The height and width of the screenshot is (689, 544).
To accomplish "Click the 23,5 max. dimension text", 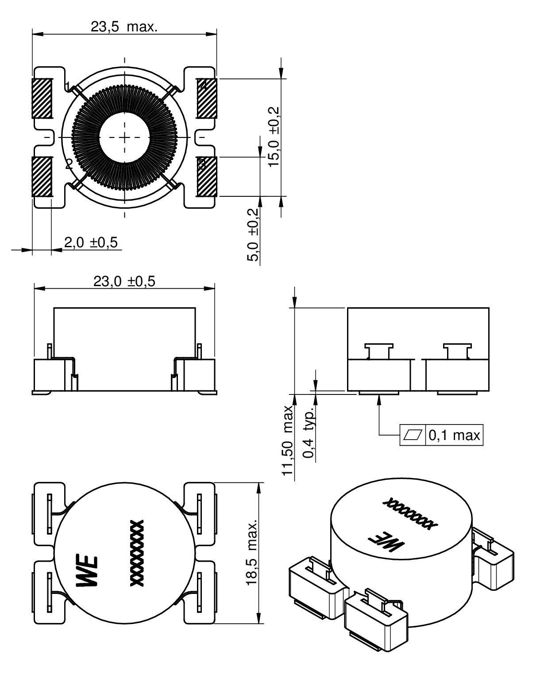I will click(x=124, y=27).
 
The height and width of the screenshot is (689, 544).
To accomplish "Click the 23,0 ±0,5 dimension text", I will click(x=124, y=282).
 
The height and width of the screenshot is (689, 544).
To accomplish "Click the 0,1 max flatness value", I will click(x=454, y=436).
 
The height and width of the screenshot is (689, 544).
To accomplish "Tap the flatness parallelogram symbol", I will click(x=412, y=436).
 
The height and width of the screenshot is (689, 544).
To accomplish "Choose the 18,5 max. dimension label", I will click(x=252, y=553).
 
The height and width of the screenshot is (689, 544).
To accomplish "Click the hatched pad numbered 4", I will click(x=207, y=98).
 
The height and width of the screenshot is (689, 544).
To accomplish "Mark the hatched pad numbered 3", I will click(x=207, y=177).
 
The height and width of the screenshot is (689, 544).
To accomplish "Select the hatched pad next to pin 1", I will click(x=42, y=98).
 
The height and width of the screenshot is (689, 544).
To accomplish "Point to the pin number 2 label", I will click(x=69, y=165).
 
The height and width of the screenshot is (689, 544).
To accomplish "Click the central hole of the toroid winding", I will click(x=124, y=138).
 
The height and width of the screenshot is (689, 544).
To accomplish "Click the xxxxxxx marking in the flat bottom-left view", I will click(x=137, y=553).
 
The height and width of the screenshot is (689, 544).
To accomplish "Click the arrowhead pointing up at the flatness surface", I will click(x=379, y=398).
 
